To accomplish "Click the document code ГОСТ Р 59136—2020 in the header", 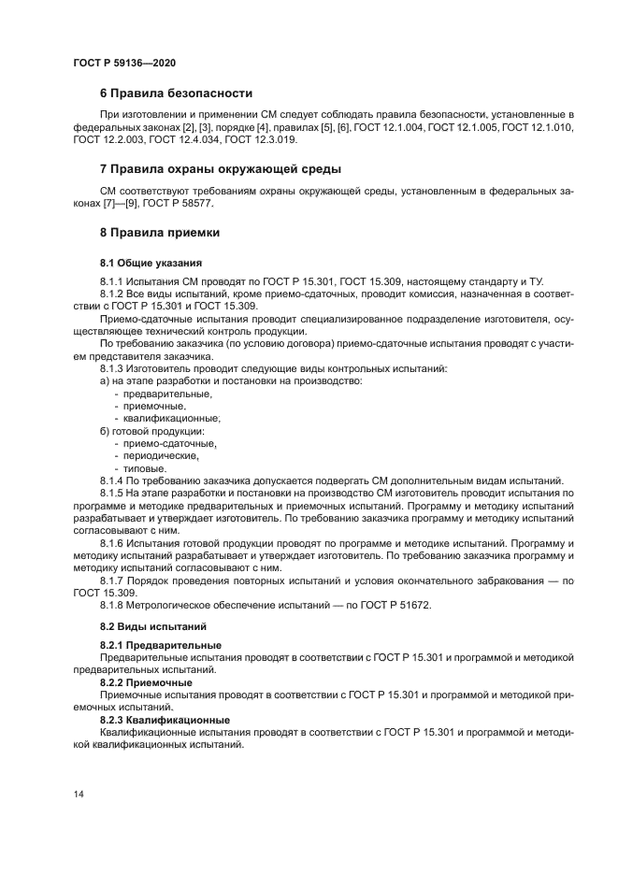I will [124, 62].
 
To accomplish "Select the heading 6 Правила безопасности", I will [176, 93].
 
